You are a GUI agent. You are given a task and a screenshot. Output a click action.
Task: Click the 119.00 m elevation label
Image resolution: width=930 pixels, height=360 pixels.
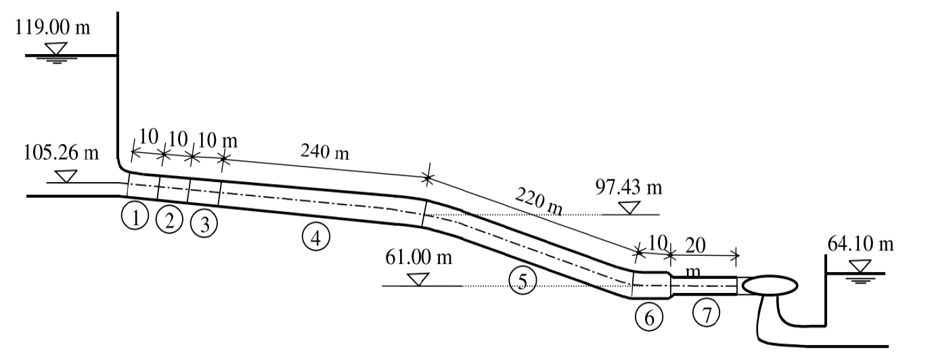[x=52, y=27]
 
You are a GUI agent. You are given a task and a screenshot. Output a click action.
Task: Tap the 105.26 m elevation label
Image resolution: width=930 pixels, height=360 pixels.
[x=61, y=152]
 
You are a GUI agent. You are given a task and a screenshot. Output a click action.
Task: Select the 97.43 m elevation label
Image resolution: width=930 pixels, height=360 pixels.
[x=629, y=187]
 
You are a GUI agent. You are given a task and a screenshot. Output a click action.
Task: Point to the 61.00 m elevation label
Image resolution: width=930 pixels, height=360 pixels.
[x=418, y=257]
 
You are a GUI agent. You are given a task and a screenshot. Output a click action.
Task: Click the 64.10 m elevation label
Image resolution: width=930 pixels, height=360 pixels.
[x=860, y=244]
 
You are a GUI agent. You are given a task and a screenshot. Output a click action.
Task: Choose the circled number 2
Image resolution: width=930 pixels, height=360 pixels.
[x=169, y=220]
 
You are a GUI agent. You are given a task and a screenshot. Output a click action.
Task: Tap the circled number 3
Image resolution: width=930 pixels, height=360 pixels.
[x=204, y=223]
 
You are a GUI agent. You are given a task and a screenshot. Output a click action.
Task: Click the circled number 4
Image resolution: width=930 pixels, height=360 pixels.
[x=316, y=237]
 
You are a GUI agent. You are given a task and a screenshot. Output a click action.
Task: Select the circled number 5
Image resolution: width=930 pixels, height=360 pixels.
[x=523, y=280]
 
